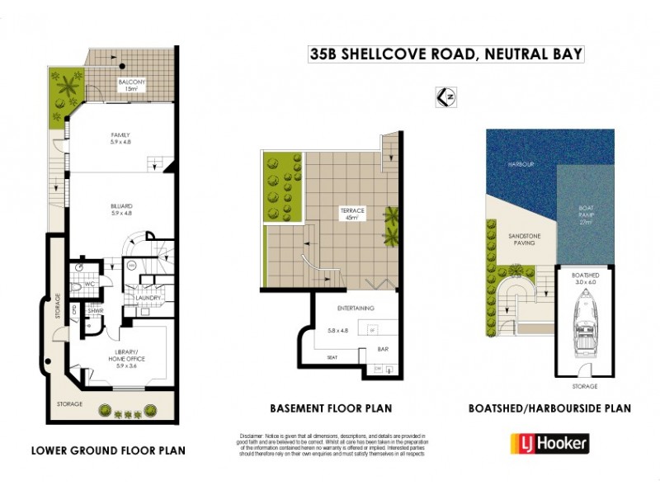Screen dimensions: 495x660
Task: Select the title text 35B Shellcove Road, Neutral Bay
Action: coord(446,54)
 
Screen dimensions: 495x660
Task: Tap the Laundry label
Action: coord(148,298)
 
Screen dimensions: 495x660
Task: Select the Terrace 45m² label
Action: coord(352,214)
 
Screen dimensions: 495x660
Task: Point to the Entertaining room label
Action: coord(356,308)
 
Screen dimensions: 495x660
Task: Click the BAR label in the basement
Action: coord(383,349)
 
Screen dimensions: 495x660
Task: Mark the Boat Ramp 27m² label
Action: coord(587,217)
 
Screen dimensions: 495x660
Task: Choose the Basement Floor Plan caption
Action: coord(330,408)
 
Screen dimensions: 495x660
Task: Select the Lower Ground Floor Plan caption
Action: coord(108,450)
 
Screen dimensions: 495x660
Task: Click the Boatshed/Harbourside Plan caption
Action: coord(549,408)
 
